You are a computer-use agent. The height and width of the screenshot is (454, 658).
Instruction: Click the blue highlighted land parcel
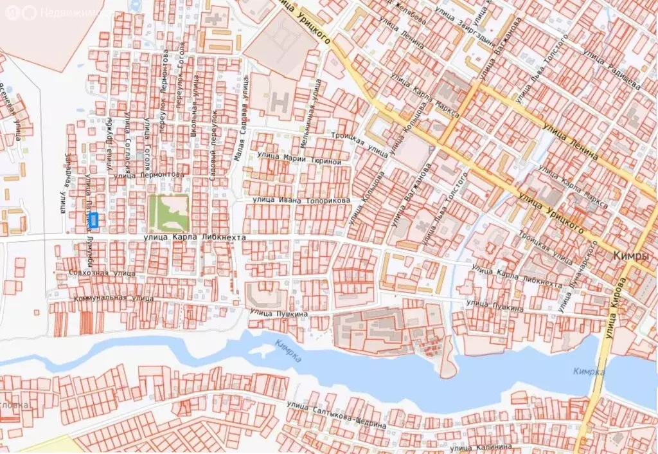94,220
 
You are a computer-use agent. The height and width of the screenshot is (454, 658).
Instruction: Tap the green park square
168,213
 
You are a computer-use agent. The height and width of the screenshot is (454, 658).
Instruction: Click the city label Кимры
630,257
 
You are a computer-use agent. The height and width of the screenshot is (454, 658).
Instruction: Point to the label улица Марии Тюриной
299,158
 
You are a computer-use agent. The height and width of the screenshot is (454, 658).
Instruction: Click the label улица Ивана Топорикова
301,201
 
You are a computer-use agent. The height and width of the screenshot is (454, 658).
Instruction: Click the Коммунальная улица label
114,299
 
